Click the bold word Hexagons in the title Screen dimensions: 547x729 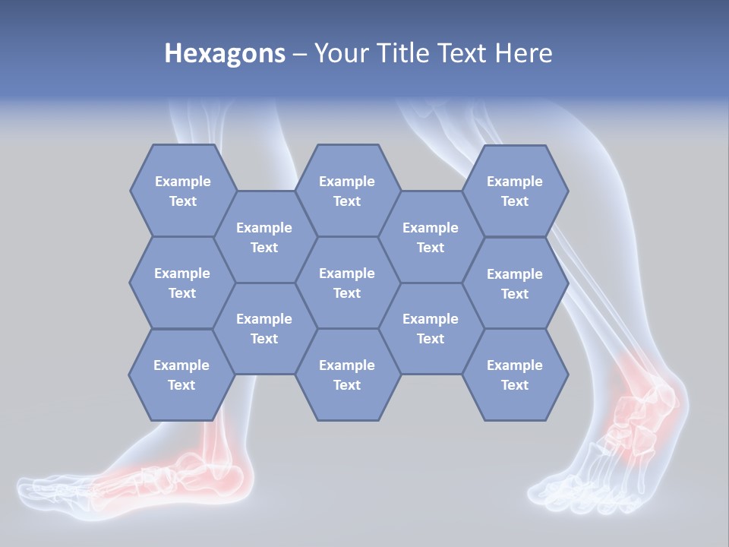225,53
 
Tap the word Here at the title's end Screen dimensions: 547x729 523,53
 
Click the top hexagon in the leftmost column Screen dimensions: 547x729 182,191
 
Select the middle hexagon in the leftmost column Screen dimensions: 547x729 182,283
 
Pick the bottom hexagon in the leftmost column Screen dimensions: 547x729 181,375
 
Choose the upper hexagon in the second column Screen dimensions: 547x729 264,237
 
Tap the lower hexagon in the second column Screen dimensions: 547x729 264,328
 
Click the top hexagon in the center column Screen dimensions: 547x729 347,191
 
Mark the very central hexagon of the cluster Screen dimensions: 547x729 347,283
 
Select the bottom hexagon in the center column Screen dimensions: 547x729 347,375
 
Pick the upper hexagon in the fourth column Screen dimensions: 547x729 431,237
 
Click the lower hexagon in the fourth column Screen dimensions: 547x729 431,328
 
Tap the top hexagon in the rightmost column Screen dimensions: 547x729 515,191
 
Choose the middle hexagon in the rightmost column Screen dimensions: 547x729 515,283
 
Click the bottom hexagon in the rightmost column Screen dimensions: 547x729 515,375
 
